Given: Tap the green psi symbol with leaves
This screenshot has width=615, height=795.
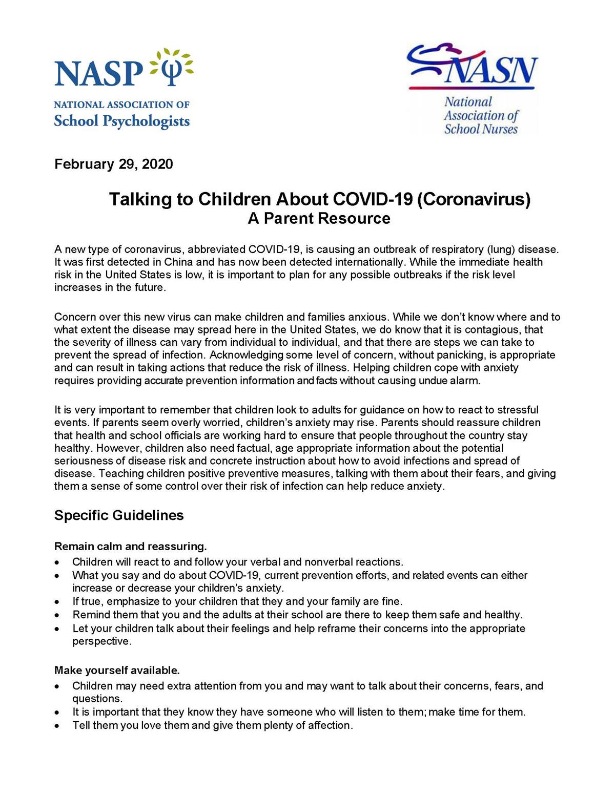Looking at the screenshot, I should click(x=172, y=67).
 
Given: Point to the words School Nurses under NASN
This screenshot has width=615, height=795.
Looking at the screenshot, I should click(x=481, y=129).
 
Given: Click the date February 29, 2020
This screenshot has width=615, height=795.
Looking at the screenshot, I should click(x=114, y=164).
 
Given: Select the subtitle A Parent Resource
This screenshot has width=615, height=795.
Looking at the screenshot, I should click(x=319, y=218).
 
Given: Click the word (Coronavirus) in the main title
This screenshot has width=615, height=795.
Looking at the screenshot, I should click(x=474, y=199).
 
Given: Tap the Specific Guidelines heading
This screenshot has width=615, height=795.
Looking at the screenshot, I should click(x=119, y=515).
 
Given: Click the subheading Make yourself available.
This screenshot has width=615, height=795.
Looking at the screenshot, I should click(x=117, y=670).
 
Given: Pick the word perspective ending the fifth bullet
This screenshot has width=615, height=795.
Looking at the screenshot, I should click(x=101, y=641).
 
